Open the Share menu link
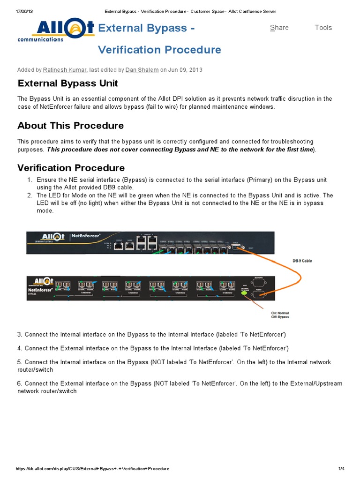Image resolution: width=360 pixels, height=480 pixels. coord(279,28)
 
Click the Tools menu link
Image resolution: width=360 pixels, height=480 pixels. coord(323,28)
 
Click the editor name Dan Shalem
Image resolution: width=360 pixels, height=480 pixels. coord(142,70)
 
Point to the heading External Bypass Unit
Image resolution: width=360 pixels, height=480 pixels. coord(67,83)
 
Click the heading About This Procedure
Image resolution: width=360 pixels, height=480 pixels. coord(70,126)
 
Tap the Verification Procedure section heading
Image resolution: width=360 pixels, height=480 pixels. coord(71,168)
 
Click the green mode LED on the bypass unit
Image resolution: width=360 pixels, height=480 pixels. coord(243,292)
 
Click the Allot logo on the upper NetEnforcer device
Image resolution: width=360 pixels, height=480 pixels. coord(46,237)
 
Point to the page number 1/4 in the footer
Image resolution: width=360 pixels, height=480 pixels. coord(341,469)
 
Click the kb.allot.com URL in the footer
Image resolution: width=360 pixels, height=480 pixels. coord(92,469)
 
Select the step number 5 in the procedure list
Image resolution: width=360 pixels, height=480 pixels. coord(20,362)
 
